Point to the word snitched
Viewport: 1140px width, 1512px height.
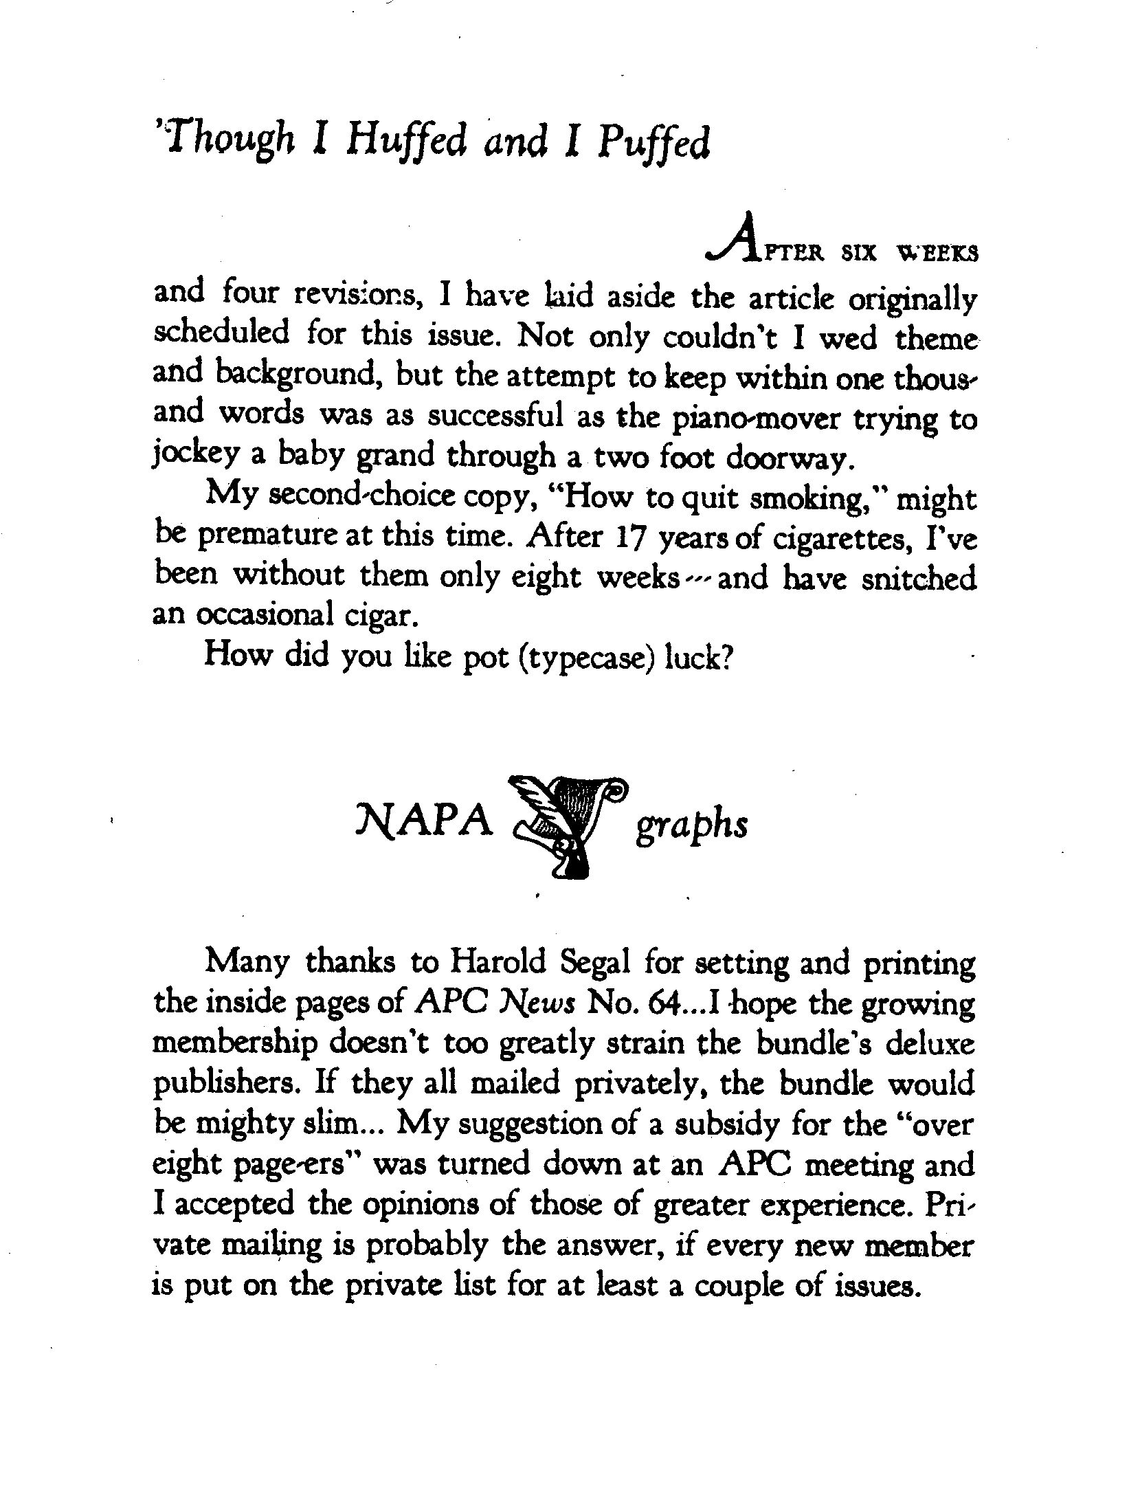[918, 577]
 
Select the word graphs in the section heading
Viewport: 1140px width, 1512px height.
[691, 825]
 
